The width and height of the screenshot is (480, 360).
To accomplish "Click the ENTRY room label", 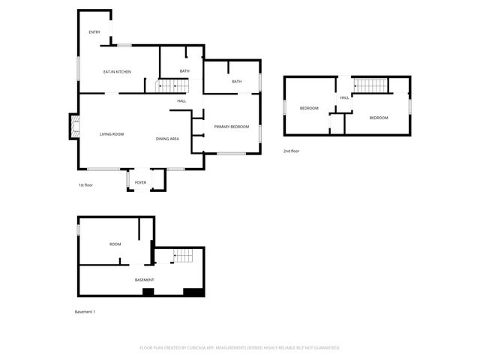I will pyautogui.click(x=94, y=31).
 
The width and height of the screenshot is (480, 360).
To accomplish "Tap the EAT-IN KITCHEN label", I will pyautogui.click(x=117, y=71).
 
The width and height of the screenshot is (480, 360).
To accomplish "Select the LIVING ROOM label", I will pyautogui.click(x=112, y=134).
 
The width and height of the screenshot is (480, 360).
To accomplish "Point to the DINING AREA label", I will pyautogui.click(x=167, y=139).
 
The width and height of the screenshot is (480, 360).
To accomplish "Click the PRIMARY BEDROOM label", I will pyautogui.click(x=231, y=127).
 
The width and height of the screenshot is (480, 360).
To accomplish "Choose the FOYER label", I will pyautogui.click(x=140, y=182).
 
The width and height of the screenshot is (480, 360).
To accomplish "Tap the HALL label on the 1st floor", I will pyautogui.click(x=181, y=100).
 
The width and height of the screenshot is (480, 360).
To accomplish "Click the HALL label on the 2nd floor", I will pyautogui.click(x=344, y=97).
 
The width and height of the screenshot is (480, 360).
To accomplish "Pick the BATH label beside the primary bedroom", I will pyautogui.click(x=236, y=81).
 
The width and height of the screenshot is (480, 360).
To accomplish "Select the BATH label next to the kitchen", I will pyautogui.click(x=184, y=71).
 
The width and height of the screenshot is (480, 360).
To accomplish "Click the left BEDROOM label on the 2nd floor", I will pyautogui.click(x=309, y=108).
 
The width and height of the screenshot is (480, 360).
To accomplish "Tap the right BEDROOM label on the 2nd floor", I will pyautogui.click(x=379, y=118).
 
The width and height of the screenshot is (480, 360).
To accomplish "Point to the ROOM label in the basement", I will pyautogui.click(x=115, y=244).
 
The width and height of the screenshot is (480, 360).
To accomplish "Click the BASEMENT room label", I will pyautogui.click(x=145, y=280).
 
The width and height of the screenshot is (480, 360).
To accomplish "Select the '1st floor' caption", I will pyautogui.click(x=86, y=184).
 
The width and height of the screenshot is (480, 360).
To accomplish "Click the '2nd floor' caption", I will pyautogui.click(x=292, y=151).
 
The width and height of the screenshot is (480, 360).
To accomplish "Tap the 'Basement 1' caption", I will pyautogui.click(x=85, y=311).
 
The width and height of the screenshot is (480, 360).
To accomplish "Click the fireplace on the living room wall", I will pyautogui.click(x=74, y=127).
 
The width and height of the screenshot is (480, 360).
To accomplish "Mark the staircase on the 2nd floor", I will pyautogui.click(x=368, y=85).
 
